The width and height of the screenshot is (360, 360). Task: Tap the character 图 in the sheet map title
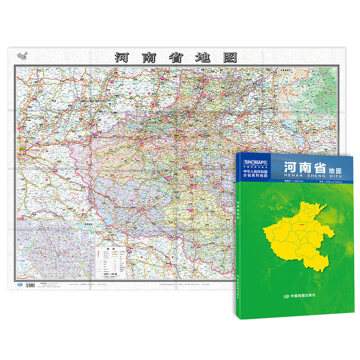[x=229, y=57]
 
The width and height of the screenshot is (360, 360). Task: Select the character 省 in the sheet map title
[x=175, y=57]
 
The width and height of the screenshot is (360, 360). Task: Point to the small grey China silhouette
[x=22, y=56]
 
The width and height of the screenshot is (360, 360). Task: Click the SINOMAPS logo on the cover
[x=255, y=161]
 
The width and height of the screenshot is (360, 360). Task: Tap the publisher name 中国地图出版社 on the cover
[x=302, y=295]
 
